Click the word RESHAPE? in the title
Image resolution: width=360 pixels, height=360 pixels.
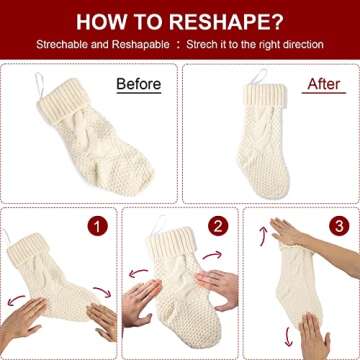tap(225, 20)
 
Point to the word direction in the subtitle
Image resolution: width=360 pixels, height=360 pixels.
tap(301, 45)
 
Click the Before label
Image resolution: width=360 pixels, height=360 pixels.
tap(139, 85)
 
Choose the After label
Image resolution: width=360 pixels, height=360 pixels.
tap(321, 85)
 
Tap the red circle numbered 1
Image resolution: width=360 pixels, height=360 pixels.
tap(98, 227)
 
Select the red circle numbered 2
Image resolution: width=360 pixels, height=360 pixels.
tap(217, 225)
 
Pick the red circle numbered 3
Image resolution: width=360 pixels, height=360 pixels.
tap(338, 225)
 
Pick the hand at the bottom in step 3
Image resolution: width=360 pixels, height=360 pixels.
tap(314, 335)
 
